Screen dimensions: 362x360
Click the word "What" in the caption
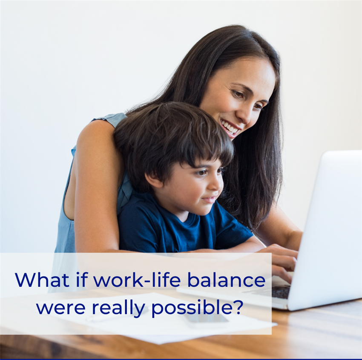click(42, 280)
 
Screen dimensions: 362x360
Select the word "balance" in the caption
click(226, 280)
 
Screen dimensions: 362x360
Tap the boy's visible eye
click(202, 172)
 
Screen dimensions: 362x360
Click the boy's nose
click(218, 185)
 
